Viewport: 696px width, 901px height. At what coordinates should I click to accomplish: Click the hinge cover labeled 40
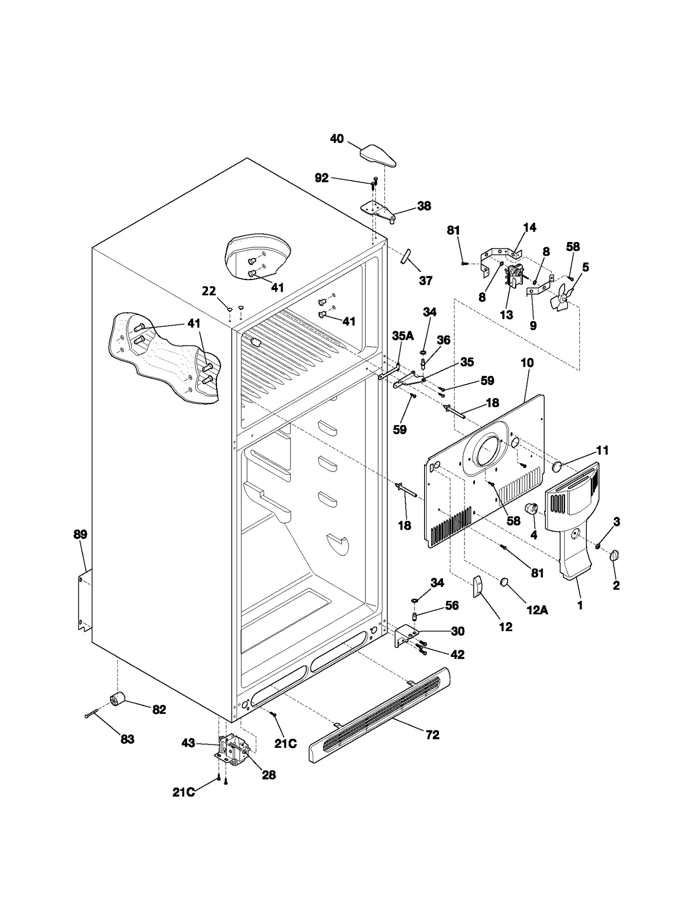378,156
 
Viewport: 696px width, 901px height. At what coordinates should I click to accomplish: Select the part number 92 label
321,178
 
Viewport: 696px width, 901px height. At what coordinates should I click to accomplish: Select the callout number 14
529,228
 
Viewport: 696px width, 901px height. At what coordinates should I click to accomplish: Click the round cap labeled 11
557,468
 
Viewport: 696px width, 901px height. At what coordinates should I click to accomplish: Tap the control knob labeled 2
614,556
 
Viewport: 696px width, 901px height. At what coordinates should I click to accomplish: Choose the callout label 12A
537,610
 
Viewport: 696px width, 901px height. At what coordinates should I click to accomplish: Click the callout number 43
188,743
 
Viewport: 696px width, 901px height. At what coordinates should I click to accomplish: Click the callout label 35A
403,335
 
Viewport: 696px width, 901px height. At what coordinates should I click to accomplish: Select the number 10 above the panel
527,362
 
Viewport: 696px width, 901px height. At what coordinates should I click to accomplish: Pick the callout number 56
452,605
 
